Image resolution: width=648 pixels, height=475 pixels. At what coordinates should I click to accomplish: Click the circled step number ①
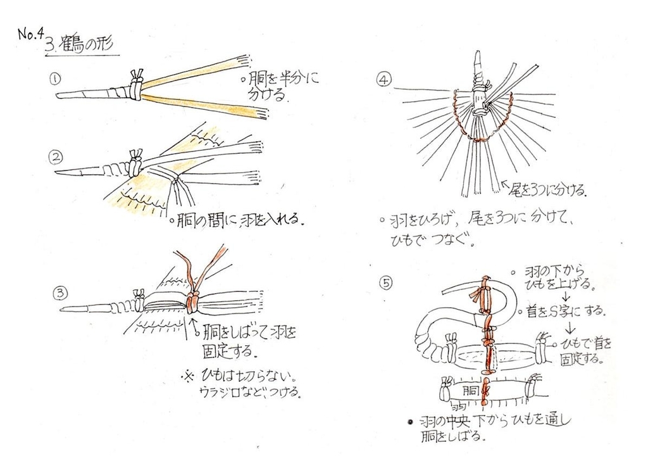[55, 79]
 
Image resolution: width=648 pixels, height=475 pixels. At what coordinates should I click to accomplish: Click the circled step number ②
[56, 156]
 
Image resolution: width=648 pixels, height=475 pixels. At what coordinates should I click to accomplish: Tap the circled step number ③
[60, 293]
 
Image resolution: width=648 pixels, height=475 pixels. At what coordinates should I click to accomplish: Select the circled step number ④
[384, 79]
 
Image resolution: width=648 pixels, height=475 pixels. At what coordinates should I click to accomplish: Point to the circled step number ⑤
[385, 283]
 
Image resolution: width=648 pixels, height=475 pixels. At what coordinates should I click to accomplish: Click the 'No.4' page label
[30, 34]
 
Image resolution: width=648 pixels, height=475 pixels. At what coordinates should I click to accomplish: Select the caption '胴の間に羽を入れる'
[237, 220]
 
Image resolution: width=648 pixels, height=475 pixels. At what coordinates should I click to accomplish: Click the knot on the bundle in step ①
[136, 85]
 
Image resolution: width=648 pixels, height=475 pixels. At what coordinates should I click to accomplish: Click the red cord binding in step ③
[192, 303]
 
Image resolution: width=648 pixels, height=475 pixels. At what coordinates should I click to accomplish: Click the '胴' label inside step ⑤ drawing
[470, 390]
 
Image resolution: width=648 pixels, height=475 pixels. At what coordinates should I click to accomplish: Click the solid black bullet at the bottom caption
[410, 422]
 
